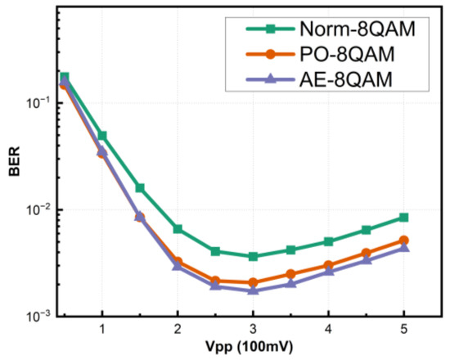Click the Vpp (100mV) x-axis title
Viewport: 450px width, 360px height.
tap(253, 348)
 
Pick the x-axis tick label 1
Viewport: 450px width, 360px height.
tap(102, 329)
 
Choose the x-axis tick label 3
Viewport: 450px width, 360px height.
tap(253, 329)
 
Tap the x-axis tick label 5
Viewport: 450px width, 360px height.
tap(403, 329)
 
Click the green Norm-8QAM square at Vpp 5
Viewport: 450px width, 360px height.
tap(403, 217)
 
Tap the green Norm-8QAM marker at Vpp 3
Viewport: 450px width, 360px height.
tap(253, 256)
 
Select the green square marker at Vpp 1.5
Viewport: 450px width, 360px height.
tap(140, 187)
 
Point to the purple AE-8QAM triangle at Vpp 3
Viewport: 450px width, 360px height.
tap(253, 290)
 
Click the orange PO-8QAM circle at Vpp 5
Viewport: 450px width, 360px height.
tap(403, 241)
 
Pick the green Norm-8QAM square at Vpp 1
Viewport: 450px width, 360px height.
tap(102, 135)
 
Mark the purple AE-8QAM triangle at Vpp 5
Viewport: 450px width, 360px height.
tap(403, 248)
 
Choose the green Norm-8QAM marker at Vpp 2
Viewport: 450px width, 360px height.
tap(178, 229)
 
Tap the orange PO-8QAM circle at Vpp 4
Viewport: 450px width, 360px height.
tap(328, 265)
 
